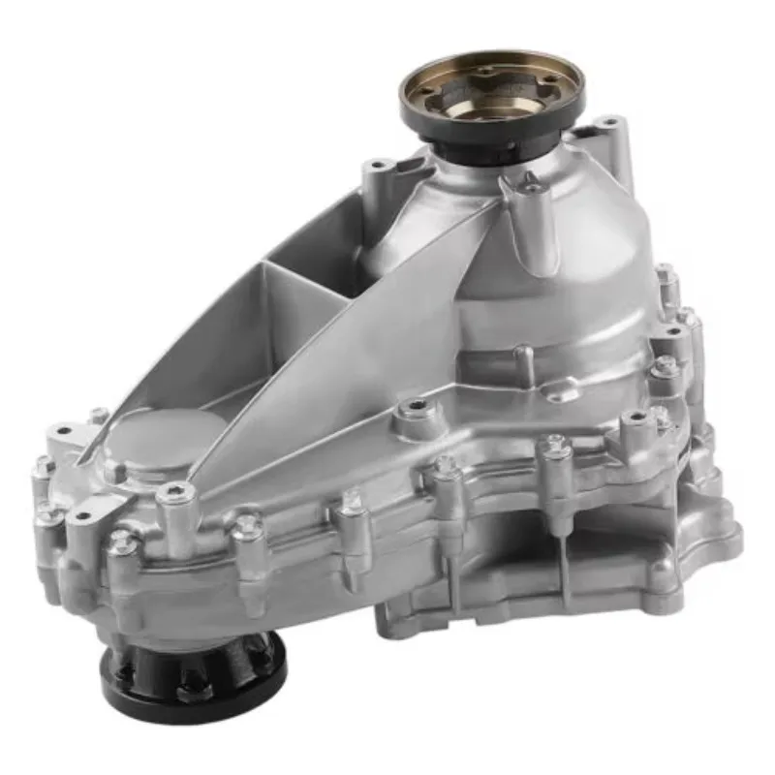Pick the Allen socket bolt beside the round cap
tap(174, 494)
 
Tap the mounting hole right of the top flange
tap(609, 125)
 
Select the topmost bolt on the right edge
tap(666, 275)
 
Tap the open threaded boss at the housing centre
tap(418, 406)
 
